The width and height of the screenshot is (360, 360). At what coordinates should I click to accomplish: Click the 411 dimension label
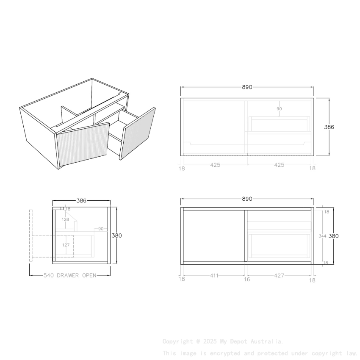coord(214,276)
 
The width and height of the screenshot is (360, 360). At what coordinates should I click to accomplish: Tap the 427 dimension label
coord(279,276)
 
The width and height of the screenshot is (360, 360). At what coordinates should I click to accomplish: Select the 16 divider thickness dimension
coord(247,280)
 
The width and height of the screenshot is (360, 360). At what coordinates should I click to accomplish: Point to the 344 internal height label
coord(322,236)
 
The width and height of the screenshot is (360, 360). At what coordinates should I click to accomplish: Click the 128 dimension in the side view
coord(65,219)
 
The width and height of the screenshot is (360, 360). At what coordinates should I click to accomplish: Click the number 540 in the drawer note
coord(49,275)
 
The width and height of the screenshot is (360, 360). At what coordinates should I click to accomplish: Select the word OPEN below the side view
coord(89,275)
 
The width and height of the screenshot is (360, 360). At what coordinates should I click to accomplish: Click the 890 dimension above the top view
coord(247,87)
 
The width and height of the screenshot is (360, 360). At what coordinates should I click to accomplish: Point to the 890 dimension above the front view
coord(247,199)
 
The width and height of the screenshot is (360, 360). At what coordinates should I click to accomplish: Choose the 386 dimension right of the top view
coord(329,127)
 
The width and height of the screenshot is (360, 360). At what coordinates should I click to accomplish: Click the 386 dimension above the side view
coord(81,201)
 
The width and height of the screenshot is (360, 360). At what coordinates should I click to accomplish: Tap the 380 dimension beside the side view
coord(116,235)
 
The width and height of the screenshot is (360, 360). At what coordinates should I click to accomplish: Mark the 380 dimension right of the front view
coord(335,236)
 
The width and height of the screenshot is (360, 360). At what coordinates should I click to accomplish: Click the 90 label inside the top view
coord(279,109)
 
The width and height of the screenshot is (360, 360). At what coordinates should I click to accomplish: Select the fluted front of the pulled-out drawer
coord(138,133)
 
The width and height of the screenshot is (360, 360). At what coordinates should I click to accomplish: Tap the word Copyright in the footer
coord(177,341)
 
